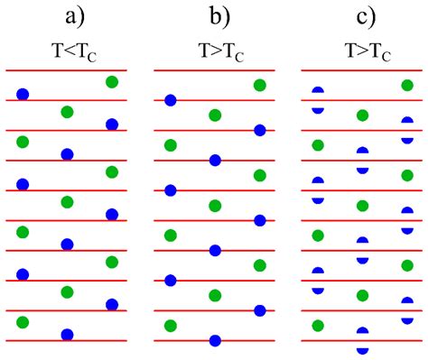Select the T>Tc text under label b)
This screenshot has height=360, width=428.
tap(215, 51)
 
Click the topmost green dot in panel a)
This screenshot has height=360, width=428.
tap(112, 82)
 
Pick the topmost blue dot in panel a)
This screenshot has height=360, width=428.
tap(23, 94)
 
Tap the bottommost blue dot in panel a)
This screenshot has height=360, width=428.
tap(67, 335)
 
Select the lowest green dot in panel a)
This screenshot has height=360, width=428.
tap(23, 322)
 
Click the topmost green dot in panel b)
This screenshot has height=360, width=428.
tap(260, 86)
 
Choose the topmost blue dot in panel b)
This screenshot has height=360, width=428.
tap(171, 100)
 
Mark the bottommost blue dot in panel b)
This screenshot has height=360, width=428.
tap(215, 340)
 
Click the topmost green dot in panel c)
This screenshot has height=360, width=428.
tap(406, 86)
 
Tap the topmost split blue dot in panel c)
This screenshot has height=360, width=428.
tap(318, 100)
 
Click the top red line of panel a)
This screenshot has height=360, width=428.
tap(66, 69)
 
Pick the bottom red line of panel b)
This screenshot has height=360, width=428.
tap(215, 340)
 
